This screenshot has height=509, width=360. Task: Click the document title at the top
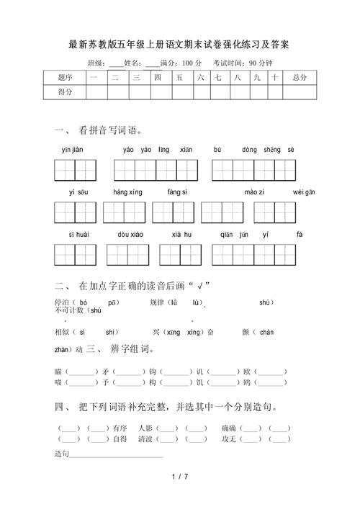(x=179, y=45)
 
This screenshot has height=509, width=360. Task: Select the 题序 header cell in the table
(x=65, y=76)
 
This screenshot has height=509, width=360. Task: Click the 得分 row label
(x=65, y=91)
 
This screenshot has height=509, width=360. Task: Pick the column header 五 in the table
(x=178, y=76)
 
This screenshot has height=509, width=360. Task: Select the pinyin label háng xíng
(x=127, y=192)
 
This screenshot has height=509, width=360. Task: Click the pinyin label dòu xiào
(x=130, y=235)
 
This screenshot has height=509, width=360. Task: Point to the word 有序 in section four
(x=120, y=428)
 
